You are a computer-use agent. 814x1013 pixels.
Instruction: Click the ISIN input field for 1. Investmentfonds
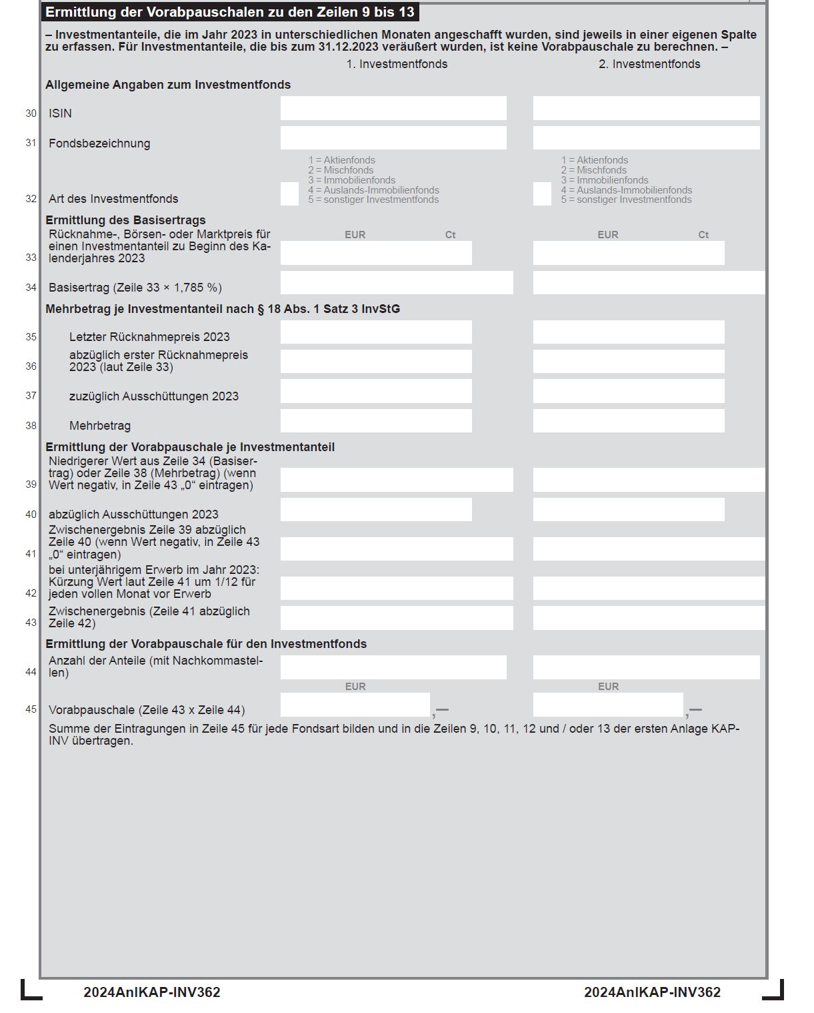pyautogui.click(x=393, y=108)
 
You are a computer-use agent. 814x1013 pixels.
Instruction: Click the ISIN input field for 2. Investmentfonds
pyautogui.click(x=646, y=108)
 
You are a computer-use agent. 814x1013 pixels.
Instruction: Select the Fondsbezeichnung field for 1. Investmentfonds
pyautogui.click(x=393, y=138)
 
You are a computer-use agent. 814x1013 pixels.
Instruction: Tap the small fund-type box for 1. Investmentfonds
pyautogui.click(x=289, y=194)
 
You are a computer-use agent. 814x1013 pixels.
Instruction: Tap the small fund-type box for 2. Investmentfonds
pyautogui.click(x=542, y=194)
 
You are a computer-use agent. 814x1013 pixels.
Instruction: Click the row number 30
pyautogui.click(x=31, y=113)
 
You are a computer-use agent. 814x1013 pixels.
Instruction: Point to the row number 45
pyautogui.click(x=31, y=709)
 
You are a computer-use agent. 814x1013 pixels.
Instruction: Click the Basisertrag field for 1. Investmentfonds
pyautogui.click(x=397, y=283)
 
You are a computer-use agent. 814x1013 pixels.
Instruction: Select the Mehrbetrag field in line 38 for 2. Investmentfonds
pyautogui.click(x=629, y=421)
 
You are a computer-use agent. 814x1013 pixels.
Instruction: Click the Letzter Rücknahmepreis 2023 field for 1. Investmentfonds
pyautogui.click(x=376, y=332)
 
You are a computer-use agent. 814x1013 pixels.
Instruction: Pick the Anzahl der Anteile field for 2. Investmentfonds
pyautogui.click(x=646, y=667)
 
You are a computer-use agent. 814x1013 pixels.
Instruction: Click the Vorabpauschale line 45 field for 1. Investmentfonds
pyautogui.click(x=355, y=705)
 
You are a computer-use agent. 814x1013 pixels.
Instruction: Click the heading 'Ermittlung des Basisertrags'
pyautogui.click(x=125, y=220)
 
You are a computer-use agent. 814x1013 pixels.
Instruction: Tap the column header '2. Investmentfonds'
pyautogui.click(x=649, y=64)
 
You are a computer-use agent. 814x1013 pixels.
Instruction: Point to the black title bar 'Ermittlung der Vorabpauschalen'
pyautogui.click(x=230, y=12)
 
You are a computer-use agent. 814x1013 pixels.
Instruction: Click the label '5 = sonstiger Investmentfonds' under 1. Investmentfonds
pyautogui.click(x=373, y=200)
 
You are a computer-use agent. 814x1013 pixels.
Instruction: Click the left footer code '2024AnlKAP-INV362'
pyautogui.click(x=152, y=992)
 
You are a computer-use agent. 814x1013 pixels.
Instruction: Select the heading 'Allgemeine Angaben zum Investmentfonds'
pyautogui.click(x=168, y=85)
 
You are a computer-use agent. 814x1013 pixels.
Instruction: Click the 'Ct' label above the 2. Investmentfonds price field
pyautogui.click(x=703, y=235)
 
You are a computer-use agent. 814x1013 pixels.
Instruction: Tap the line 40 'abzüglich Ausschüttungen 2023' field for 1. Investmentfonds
pyautogui.click(x=376, y=510)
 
